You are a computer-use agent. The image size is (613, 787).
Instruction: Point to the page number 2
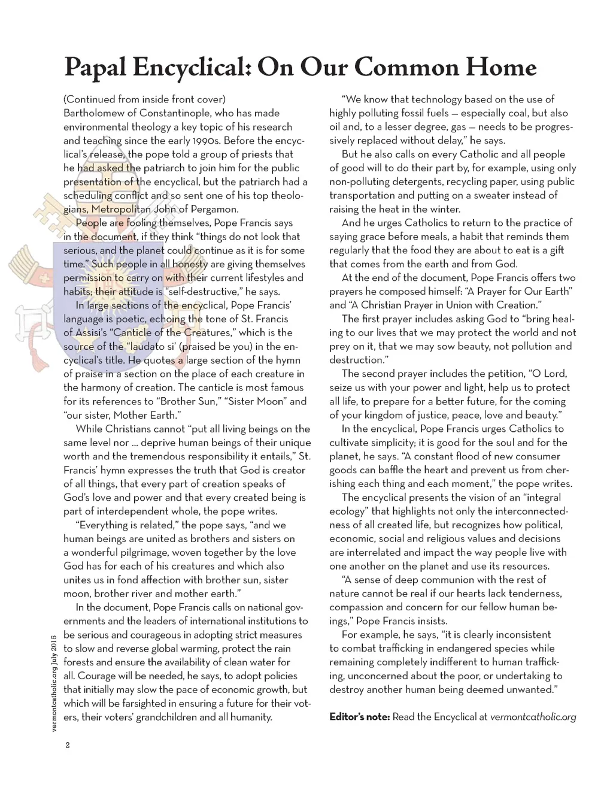68,745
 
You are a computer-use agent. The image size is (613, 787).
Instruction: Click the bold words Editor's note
359,717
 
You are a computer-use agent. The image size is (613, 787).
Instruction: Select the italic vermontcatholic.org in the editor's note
533,717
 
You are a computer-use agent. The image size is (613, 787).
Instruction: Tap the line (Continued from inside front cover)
144,99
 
